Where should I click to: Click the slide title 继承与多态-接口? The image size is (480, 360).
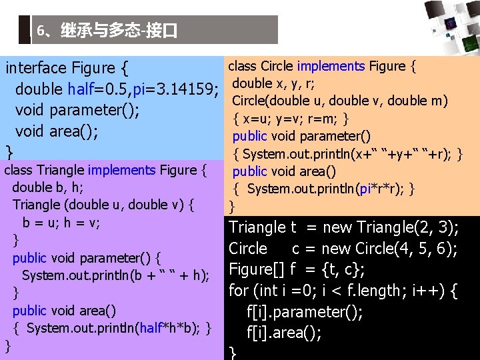tap(107, 31)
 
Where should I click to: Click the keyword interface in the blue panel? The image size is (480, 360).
tap(36, 68)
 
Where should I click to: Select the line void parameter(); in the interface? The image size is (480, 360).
tap(77, 110)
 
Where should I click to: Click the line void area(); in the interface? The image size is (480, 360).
tap(57, 131)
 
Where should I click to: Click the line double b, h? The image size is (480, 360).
tap(47, 187)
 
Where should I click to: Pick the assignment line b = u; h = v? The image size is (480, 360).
tap(61, 223)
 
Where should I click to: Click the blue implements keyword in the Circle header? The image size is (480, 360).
tap(331, 66)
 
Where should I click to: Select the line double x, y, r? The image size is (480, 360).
tap(274, 83)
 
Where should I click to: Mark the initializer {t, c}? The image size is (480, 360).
tap(340, 270)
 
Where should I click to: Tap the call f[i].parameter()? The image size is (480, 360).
tap(305, 312)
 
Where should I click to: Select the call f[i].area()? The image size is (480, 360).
tap(284, 333)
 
